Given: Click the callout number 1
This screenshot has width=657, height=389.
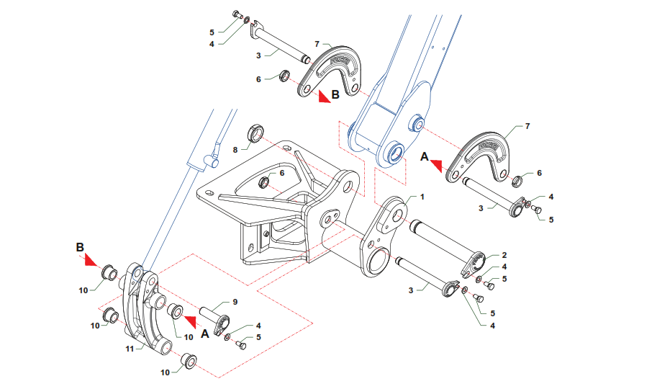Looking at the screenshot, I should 422,197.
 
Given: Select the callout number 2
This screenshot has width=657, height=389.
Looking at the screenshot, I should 504,255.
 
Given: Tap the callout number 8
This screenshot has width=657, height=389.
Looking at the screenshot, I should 235,150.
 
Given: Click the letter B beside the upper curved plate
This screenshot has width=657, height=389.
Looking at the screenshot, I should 335,94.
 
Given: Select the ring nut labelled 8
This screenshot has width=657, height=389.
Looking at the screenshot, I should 255,133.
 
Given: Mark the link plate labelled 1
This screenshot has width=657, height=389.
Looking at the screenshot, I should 382,238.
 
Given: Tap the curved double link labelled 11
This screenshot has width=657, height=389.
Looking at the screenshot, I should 148,310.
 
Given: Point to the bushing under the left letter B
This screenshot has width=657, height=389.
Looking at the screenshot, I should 109,273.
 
